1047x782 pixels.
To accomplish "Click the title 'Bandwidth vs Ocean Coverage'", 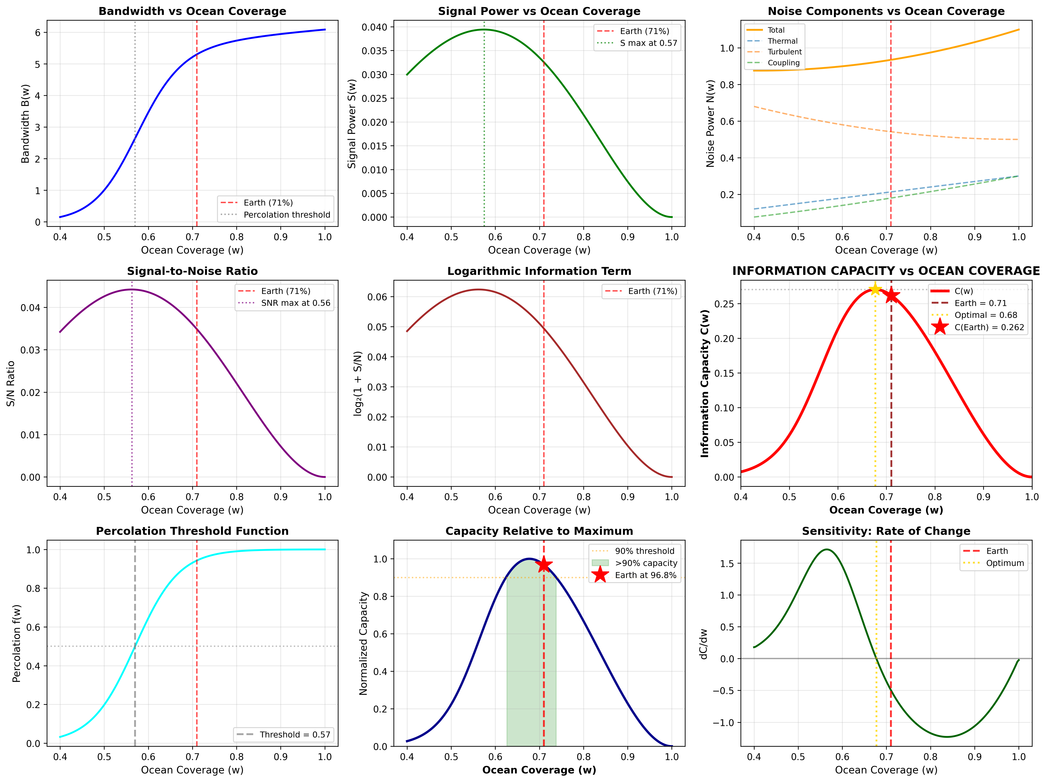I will pyautogui.click(x=192, y=11).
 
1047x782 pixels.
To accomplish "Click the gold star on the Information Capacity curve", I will pyautogui.click(x=875, y=289).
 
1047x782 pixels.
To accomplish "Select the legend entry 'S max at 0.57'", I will pyautogui.click(x=648, y=43).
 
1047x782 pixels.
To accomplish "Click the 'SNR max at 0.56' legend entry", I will pyautogui.click(x=295, y=303).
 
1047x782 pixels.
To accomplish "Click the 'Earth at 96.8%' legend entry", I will pyautogui.click(x=645, y=575).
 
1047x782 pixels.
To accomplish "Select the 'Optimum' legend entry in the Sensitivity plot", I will pyautogui.click(x=1004, y=563).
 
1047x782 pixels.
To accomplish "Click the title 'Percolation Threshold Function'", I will pyautogui.click(x=192, y=531).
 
